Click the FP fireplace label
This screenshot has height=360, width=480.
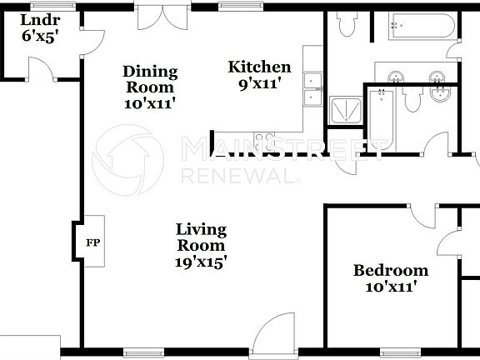tap(92, 245)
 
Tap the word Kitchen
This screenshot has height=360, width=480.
tap(260, 67)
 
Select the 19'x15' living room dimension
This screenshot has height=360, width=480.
tap(201, 261)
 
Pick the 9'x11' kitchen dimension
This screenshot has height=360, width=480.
tap(260, 83)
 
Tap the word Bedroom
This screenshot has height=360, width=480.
tap(391, 270)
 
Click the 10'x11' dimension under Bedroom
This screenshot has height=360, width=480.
tap(391, 287)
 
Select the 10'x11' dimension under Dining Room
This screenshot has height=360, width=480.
tap(150, 103)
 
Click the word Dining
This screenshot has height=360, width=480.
tap(150, 71)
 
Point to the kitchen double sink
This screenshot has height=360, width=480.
tap(313, 89)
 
